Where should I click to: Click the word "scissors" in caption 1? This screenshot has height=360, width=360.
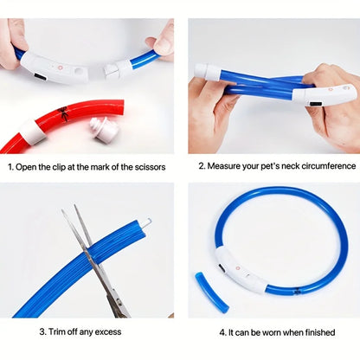[x=150, y=166]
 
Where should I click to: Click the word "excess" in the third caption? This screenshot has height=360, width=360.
[x=107, y=331]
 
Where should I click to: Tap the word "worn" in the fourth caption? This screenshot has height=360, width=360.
[x=267, y=331]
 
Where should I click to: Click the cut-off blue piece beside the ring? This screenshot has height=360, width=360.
[x=210, y=290]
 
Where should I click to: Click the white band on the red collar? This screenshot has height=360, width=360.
[x=33, y=132]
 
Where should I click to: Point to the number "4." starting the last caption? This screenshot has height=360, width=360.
[x=223, y=331]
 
